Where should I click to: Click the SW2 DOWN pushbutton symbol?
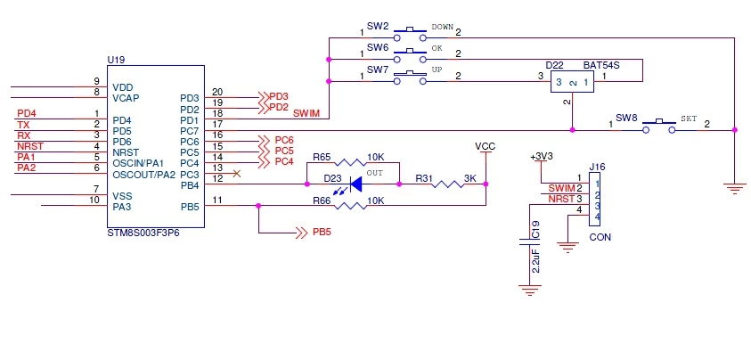point(410,34)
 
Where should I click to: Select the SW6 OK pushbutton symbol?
point(410,55)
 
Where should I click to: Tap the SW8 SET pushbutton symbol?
point(658,126)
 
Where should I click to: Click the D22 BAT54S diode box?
point(572,82)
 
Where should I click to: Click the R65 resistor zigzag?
point(351,163)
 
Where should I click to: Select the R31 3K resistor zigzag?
point(448,184)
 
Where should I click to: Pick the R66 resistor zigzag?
point(351,206)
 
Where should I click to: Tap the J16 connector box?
point(595,200)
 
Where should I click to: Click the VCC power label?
point(486,146)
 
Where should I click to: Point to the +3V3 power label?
point(542,157)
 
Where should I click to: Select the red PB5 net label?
point(322,233)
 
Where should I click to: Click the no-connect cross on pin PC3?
point(236,174)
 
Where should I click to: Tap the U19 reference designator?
point(116,61)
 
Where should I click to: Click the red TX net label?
point(23,125)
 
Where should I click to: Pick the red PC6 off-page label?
point(284,141)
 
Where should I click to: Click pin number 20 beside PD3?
point(217,92)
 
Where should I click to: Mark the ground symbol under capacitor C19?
point(530,290)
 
